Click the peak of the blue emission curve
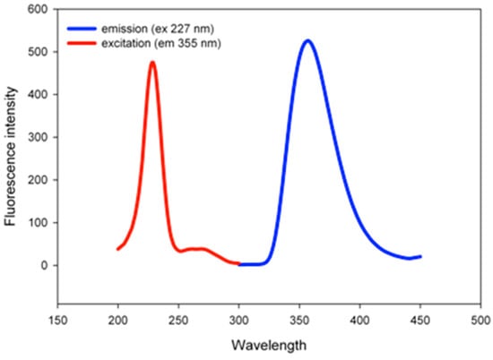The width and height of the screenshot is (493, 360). click(x=307, y=41)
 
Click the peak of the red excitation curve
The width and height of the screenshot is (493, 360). click(x=152, y=63)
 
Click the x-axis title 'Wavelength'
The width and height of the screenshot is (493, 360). click(x=267, y=345)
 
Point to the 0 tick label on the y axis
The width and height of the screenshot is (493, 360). click(x=41, y=265)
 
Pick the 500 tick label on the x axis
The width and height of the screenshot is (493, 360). click(x=480, y=320)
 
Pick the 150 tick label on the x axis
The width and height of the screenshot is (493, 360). click(x=58, y=320)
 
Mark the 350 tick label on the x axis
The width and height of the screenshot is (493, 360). click(x=299, y=320)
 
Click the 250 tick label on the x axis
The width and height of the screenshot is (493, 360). click(x=178, y=320)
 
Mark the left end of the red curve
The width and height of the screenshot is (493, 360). click(x=118, y=248)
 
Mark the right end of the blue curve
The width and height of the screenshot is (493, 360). click(x=419, y=257)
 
